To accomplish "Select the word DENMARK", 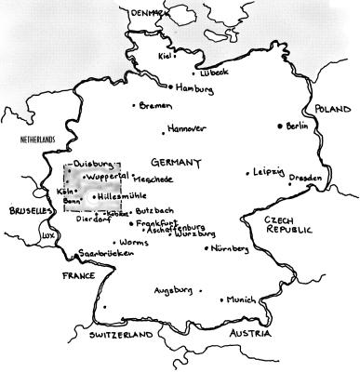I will [x=150, y=12].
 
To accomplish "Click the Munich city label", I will [x=240, y=300].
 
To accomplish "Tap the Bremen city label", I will [x=155, y=106].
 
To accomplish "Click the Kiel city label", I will [x=166, y=56].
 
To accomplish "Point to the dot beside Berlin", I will [x=279, y=126].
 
